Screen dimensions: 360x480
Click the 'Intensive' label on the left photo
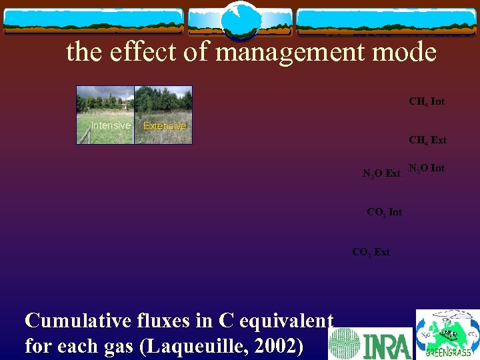coord(111,125)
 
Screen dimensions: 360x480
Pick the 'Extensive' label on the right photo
coord(165,126)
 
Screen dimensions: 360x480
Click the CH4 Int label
coord(427,102)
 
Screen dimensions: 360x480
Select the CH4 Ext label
coord(427,140)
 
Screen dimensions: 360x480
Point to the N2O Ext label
coord(381,173)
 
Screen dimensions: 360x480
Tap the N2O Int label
coord(427,168)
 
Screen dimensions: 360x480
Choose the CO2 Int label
coord(385,212)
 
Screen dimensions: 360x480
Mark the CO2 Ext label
coord(371,252)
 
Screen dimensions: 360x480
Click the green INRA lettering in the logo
coord(387,344)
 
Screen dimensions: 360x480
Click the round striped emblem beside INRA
coord(345,344)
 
